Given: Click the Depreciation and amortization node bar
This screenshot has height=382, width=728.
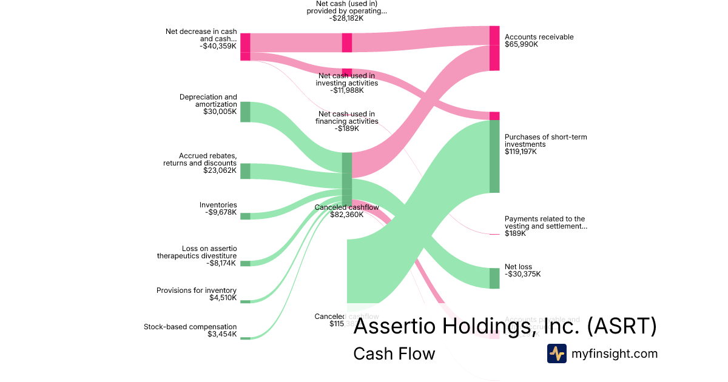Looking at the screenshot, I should click(x=245, y=112).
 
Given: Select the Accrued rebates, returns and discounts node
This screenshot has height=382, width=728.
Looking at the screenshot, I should click(x=245, y=171).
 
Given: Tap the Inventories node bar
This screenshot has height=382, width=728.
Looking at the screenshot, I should click(x=245, y=216).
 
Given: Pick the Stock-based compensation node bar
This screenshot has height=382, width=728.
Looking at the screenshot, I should click(x=245, y=338).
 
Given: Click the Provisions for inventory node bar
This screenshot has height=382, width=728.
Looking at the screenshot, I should click(x=245, y=301).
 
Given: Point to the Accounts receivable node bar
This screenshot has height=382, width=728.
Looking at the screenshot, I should click(x=494, y=49).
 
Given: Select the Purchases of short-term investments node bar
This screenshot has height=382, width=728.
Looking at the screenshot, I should click(x=494, y=156).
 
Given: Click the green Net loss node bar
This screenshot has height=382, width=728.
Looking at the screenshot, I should click(x=494, y=278).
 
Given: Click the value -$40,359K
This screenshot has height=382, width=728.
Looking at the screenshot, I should click(x=218, y=45).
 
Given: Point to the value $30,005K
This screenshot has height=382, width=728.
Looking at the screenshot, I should click(x=220, y=112).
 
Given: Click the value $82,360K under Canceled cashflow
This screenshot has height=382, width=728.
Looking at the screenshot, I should click(x=346, y=215).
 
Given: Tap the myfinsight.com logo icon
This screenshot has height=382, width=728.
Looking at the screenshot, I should click(x=556, y=354).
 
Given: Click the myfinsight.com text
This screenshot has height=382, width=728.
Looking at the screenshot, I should click(x=615, y=354).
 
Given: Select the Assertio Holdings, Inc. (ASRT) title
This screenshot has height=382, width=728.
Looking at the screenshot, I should click(x=505, y=326).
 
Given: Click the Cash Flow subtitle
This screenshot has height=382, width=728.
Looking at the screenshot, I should click(x=394, y=354).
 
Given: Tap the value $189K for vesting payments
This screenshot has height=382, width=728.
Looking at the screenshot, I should click(x=515, y=233).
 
